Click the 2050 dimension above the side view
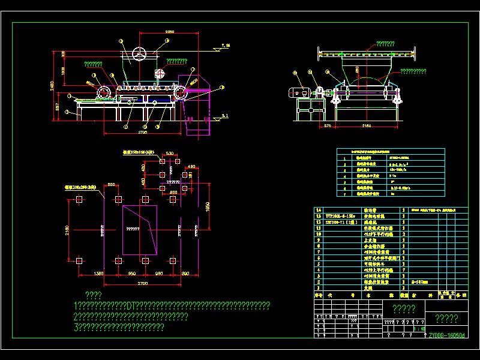pos(169,31)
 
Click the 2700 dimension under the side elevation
pos(143,131)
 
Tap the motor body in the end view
pos(298,93)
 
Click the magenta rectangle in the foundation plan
pos(140,229)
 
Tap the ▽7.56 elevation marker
pos(226,46)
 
